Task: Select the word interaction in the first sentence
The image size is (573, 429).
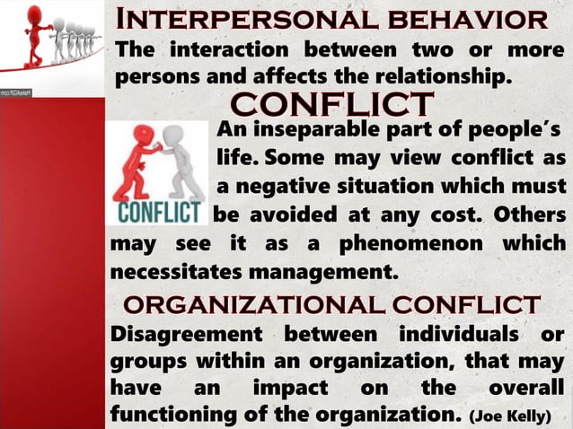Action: [236, 48]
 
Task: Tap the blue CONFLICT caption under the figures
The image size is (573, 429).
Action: [158, 216]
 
